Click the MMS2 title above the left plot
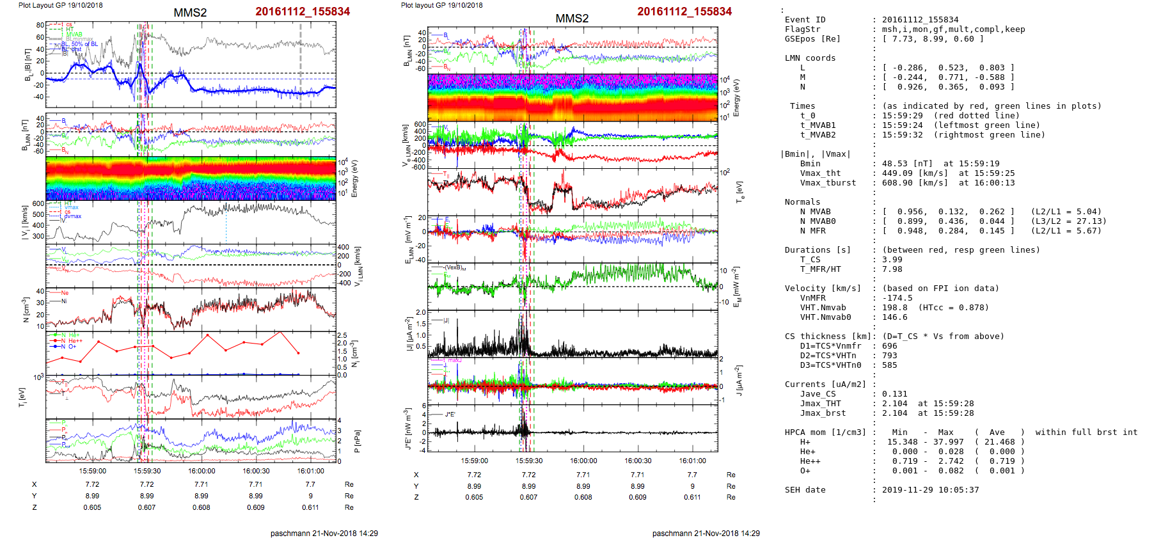[x=190, y=13]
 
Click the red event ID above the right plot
[x=684, y=12]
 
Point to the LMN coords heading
[x=810, y=58]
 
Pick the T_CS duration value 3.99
[x=892, y=260]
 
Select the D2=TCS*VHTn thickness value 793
[x=889, y=356]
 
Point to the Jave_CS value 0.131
[x=894, y=394]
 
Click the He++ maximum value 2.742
[x=951, y=461]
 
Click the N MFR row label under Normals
[x=812, y=231]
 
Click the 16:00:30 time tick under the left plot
[x=256, y=471]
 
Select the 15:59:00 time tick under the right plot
[x=474, y=461]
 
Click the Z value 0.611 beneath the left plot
[x=310, y=507]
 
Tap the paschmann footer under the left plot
[x=324, y=533]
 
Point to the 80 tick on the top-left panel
[x=40, y=26]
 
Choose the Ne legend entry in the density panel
[x=65, y=293]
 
